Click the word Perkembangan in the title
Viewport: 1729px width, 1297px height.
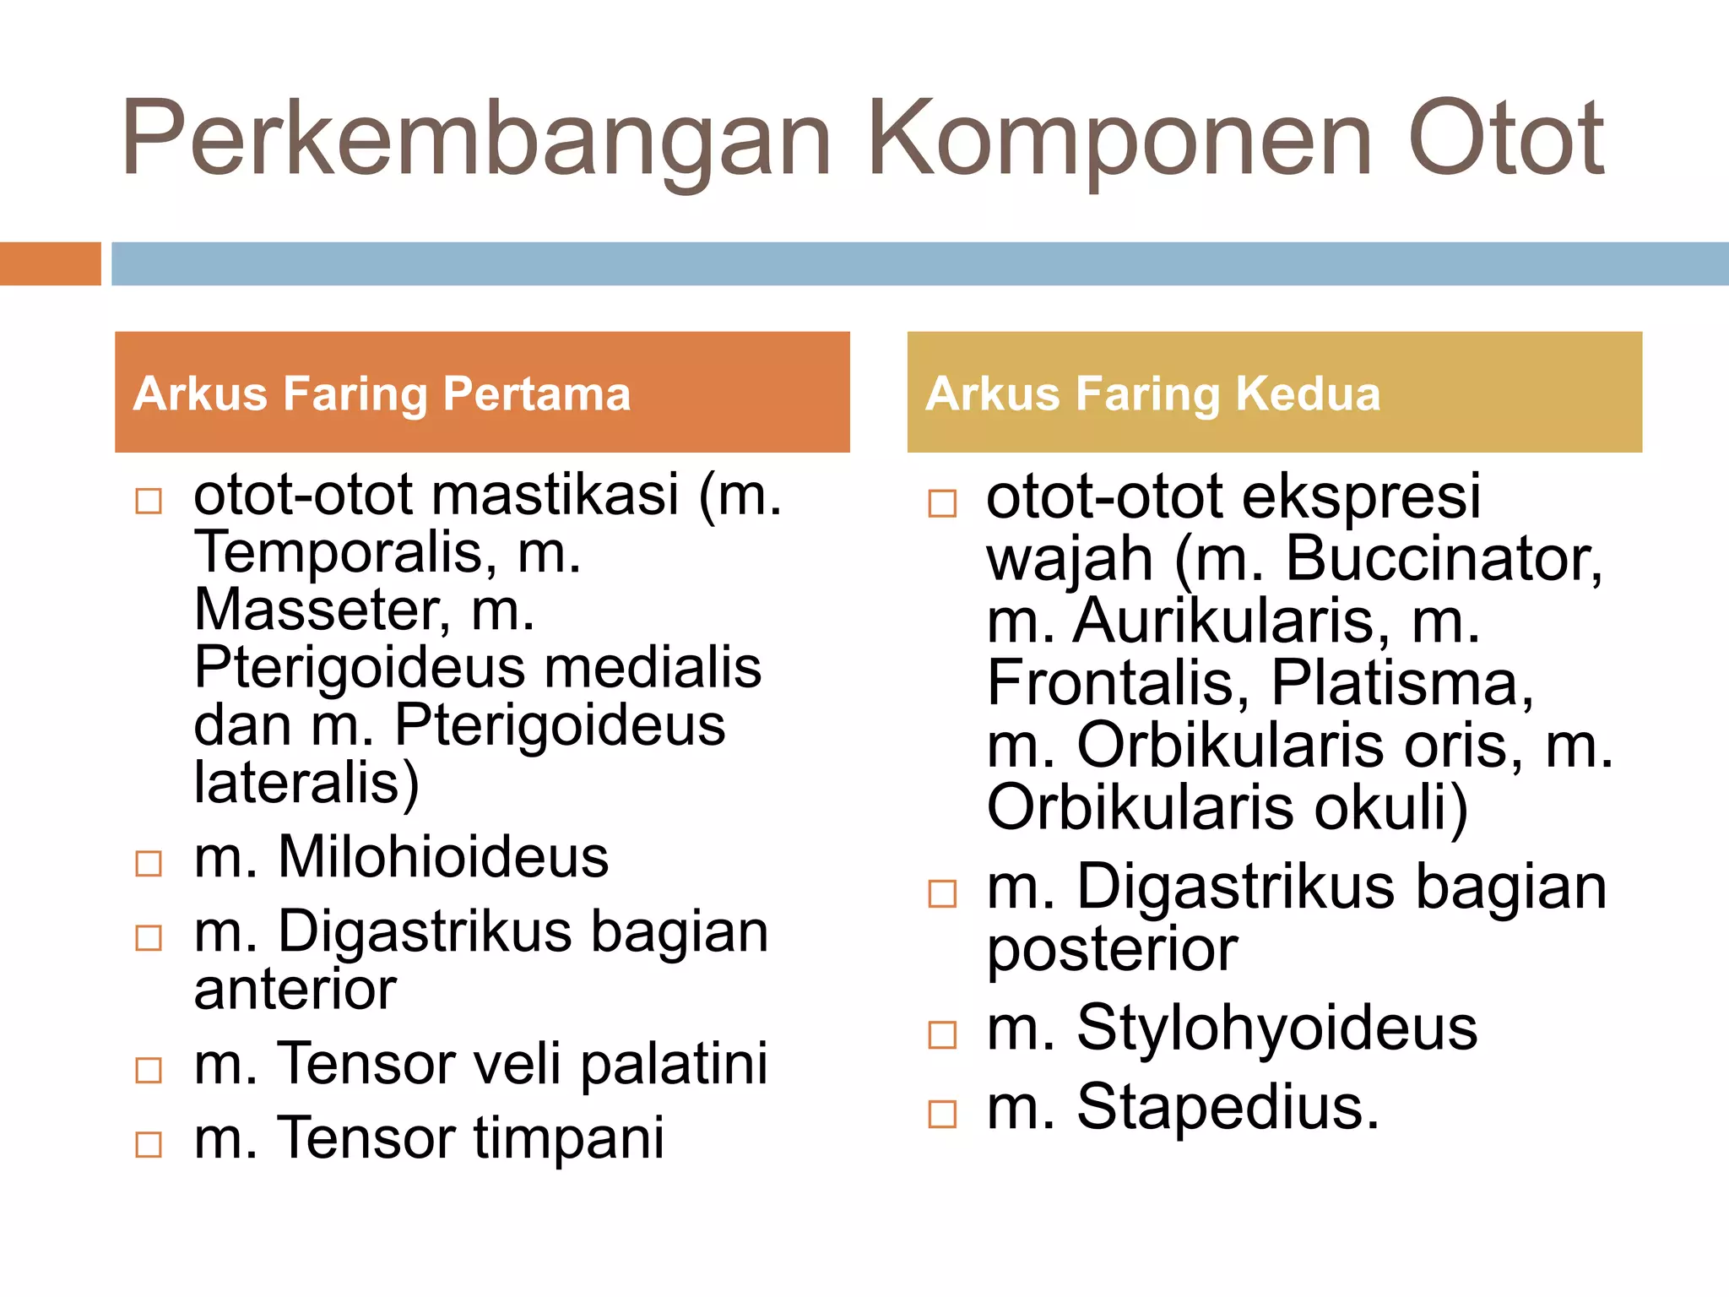[x=477, y=139]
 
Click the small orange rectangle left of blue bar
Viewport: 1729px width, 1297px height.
[x=50, y=263]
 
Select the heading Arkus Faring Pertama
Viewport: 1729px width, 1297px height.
[x=382, y=393]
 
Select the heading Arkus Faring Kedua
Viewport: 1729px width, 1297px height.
[x=1152, y=393]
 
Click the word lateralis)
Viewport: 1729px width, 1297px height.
[x=306, y=783]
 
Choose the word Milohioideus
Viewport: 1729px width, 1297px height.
[x=442, y=858]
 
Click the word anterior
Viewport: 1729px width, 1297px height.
[x=295, y=990]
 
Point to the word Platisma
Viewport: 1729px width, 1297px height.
[x=1401, y=682]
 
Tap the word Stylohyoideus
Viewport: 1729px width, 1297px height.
[x=1276, y=1028]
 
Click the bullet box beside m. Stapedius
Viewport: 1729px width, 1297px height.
[x=942, y=1114]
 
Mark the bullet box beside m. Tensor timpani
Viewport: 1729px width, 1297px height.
[x=149, y=1144]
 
